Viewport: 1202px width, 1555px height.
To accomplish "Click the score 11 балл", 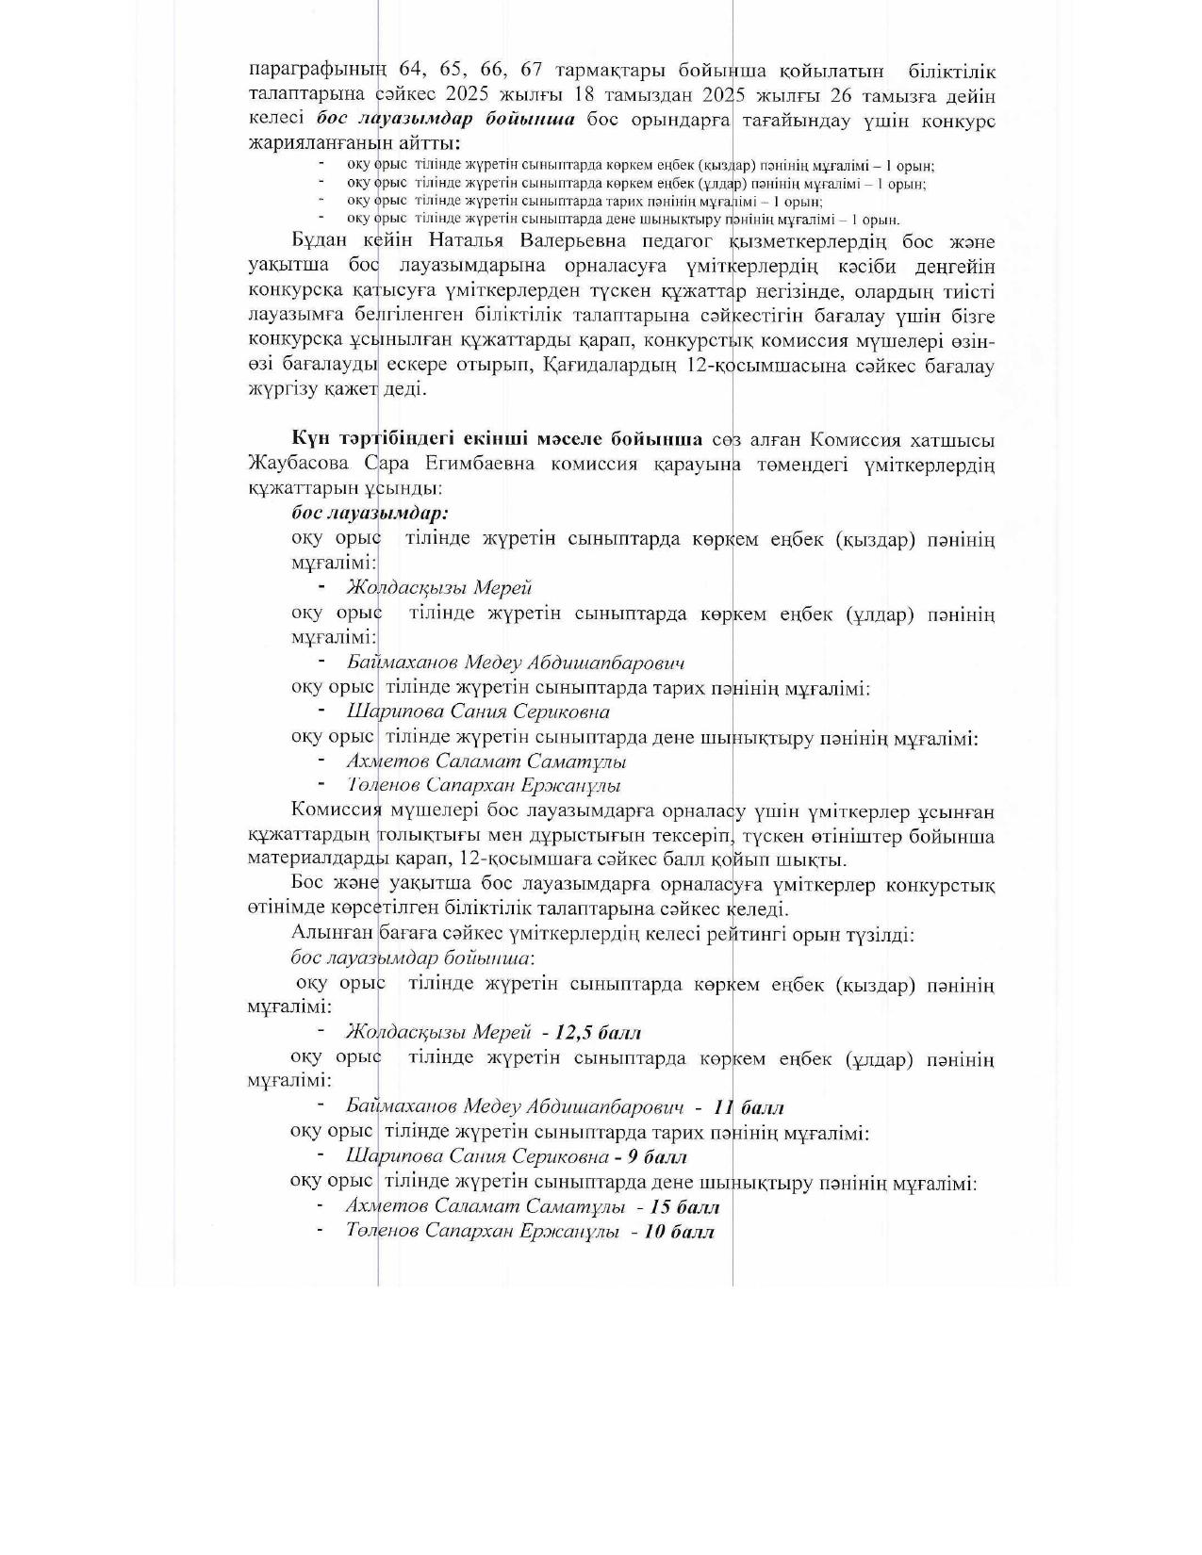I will click(x=749, y=1107).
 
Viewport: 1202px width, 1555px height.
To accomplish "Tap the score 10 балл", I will click(x=679, y=1232).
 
